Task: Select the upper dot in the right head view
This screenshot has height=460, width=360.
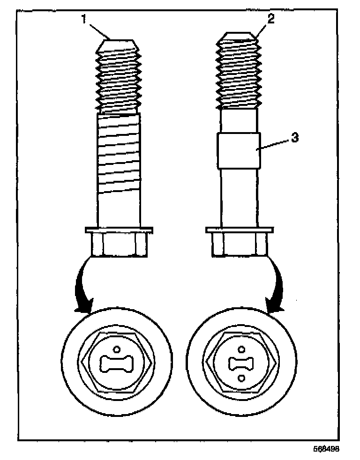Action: [241, 349]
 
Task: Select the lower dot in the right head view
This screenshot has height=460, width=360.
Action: [241, 378]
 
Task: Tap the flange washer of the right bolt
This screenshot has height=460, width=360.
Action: [240, 230]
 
